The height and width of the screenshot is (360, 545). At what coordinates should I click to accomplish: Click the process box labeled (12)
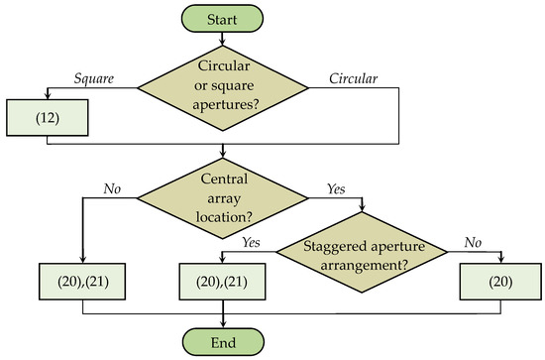point(48,119)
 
